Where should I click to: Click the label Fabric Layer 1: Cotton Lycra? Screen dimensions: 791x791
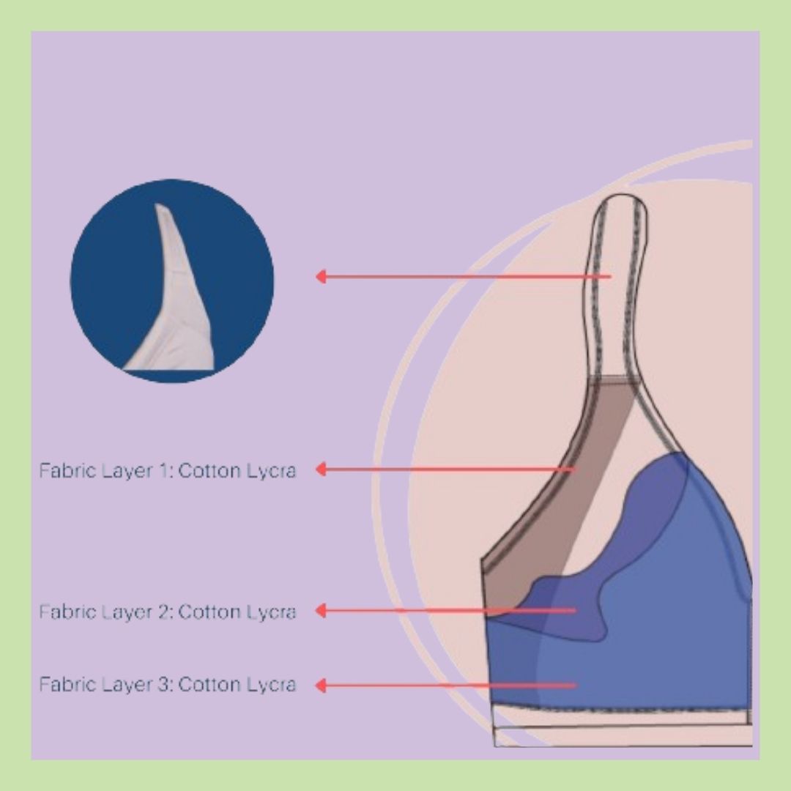coord(168,470)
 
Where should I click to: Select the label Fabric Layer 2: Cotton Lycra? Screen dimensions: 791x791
coord(168,612)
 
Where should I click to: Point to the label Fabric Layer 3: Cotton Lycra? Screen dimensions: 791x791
coord(168,685)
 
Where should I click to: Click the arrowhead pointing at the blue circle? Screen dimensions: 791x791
coord(320,276)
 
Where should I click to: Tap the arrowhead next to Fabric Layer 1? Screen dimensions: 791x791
coord(320,469)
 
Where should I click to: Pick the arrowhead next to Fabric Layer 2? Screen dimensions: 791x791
coord(320,610)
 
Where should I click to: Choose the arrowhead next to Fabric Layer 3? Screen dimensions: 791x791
coord(320,686)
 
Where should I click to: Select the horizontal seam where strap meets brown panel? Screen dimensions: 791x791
coord(612,379)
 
